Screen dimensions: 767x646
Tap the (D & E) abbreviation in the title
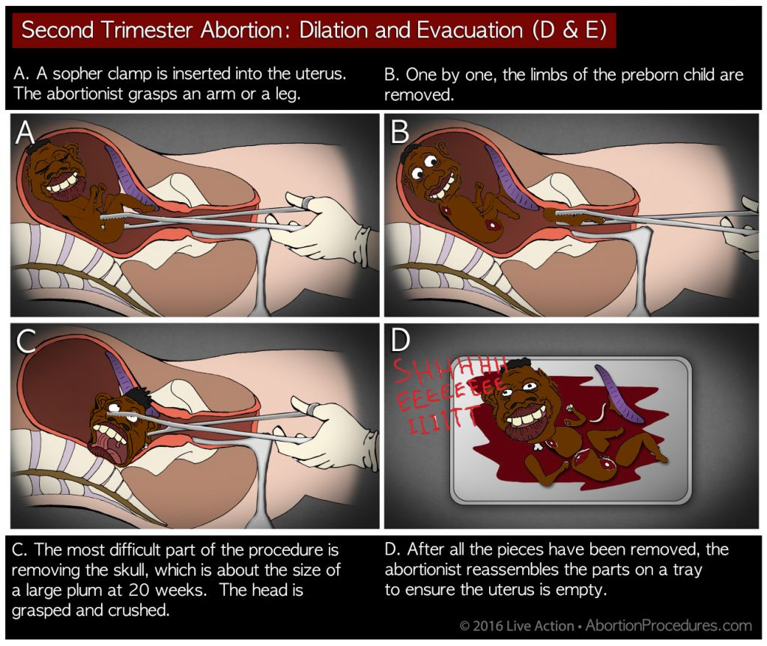pyautogui.click(x=569, y=31)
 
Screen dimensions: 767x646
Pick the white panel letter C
pyautogui.click(x=26, y=341)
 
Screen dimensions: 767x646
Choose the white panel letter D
pyautogui.click(x=400, y=341)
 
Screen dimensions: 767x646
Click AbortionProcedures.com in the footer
pyautogui.click(x=669, y=626)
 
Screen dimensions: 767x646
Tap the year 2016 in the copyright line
pyautogui.click(x=488, y=626)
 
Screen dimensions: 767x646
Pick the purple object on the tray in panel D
pyautogui.click(x=619, y=393)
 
